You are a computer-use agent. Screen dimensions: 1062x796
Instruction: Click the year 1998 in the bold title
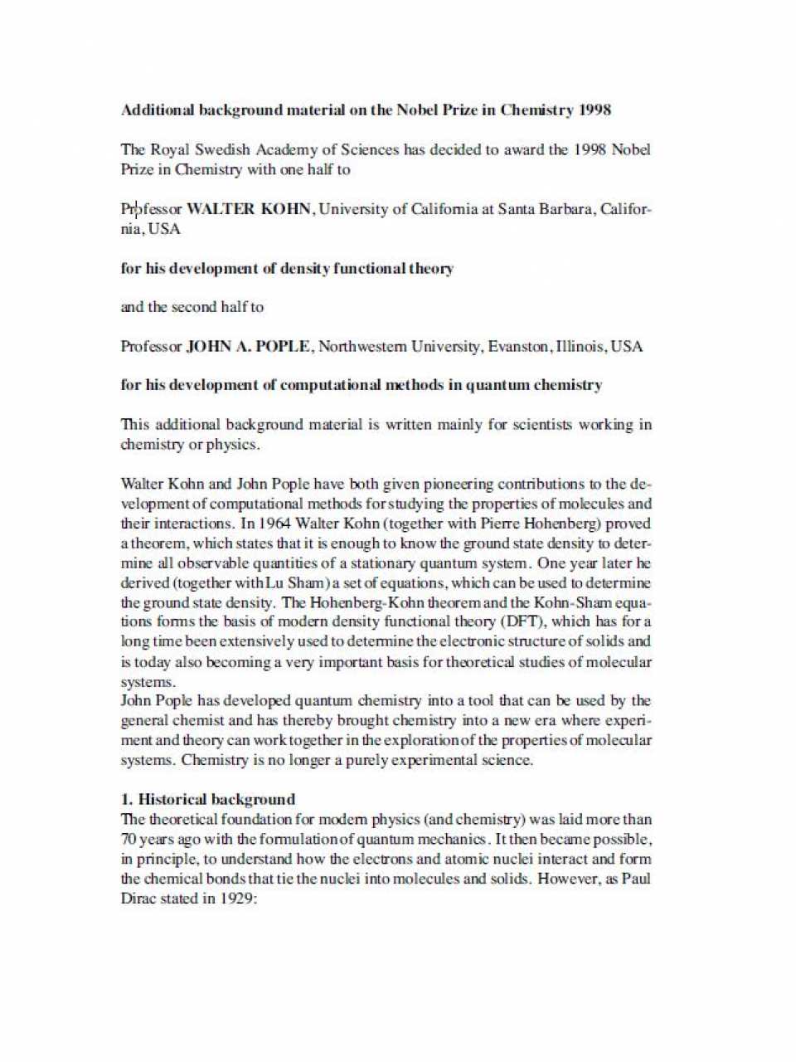click(x=595, y=110)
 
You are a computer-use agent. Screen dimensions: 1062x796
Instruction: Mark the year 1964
click(x=275, y=524)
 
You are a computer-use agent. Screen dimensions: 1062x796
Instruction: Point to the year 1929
click(x=240, y=899)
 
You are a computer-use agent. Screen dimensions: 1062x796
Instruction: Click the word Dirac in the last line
click(x=138, y=899)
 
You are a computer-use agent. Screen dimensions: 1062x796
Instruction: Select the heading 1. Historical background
click(x=208, y=799)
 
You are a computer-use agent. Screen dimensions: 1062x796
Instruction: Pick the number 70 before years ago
click(x=129, y=839)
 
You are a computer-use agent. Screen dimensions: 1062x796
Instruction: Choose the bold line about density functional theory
click(x=287, y=268)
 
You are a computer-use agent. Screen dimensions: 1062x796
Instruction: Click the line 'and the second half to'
click(x=192, y=307)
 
